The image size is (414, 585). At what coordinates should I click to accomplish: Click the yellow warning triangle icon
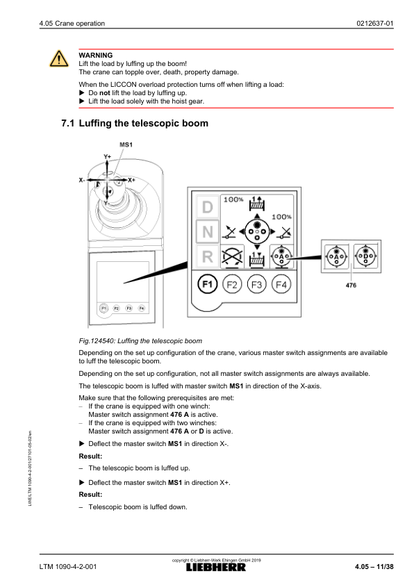coord(59,58)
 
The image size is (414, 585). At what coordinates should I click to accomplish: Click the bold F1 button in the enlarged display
coord(207,285)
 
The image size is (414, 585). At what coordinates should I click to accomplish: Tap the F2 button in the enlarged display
coord(232,285)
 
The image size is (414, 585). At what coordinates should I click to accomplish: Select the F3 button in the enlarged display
coord(256,285)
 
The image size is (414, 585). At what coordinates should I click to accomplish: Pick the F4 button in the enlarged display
coord(281,285)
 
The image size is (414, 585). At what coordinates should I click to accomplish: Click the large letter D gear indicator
coord(208,206)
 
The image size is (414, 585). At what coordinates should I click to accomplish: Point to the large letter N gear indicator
coord(208,231)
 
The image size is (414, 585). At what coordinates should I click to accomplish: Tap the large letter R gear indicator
coord(208,256)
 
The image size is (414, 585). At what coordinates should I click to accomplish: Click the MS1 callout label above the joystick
coord(126,145)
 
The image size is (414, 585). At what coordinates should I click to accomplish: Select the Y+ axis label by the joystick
coord(108,157)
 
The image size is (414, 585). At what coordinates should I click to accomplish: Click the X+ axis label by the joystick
coord(131,180)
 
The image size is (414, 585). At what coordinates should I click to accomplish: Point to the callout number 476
coord(351,285)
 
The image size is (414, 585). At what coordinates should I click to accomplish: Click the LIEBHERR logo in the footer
coord(216,568)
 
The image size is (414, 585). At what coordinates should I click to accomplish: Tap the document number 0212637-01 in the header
coord(375,23)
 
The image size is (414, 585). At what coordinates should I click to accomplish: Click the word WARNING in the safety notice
coord(95,55)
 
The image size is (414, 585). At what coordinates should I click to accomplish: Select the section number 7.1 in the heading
coord(68,123)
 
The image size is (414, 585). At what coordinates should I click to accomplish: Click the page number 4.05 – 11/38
coord(374,567)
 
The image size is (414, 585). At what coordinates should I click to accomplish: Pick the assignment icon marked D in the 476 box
coord(365,256)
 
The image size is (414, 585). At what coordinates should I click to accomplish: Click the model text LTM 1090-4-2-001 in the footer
coord(68,567)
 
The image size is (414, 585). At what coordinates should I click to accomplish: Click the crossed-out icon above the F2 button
coord(232,257)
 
